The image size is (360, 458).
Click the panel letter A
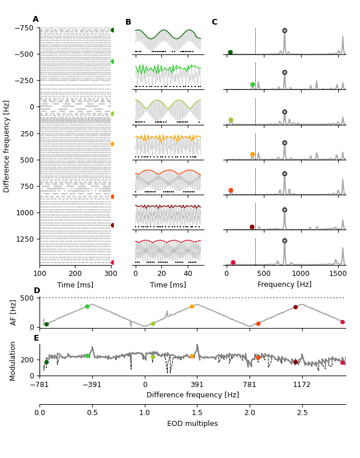pyautogui.click(x=35, y=19)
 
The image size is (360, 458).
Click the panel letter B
pyautogui.click(x=128, y=22)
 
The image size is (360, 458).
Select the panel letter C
pyautogui.click(x=215, y=22)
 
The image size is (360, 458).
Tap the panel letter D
pyautogui.click(x=37, y=291)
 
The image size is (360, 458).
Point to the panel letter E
pyautogui.click(x=37, y=338)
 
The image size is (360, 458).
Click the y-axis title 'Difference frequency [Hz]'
pyautogui.click(x=7, y=146)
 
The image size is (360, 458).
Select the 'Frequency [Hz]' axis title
pyautogui.click(x=284, y=285)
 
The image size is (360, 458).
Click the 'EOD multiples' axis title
pyautogui.click(x=192, y=424)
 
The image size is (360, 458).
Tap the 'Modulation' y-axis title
pyautogui.click(x=13, y=358)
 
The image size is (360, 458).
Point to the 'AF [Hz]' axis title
pyautogui.click(x=14, y=312)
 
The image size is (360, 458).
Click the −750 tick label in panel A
pyautogui.click(x=24, y=28)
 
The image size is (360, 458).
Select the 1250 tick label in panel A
pyautogui.click(x=25, y=239)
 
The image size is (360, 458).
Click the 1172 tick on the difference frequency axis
pyautogui.click(x=302, y=385)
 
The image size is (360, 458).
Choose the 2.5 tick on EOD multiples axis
pyautogui.click(x=302, y=413)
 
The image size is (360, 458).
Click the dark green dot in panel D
pyautogui.click(x=46, y=324)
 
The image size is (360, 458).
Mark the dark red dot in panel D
pyautogui.click(x=295, y=307)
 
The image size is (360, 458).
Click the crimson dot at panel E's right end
pyautogui.click(x=342, y=362)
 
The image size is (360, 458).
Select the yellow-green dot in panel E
pyautogui.click(x=153, y=357)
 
